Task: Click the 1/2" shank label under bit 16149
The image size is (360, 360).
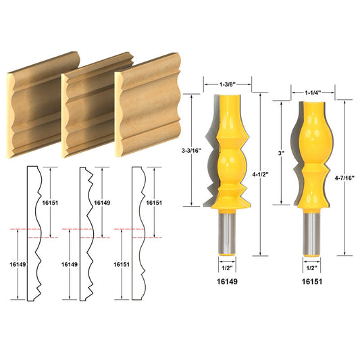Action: (x=227, y=266)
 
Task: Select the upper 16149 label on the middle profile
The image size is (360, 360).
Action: (x=102, y=201)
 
